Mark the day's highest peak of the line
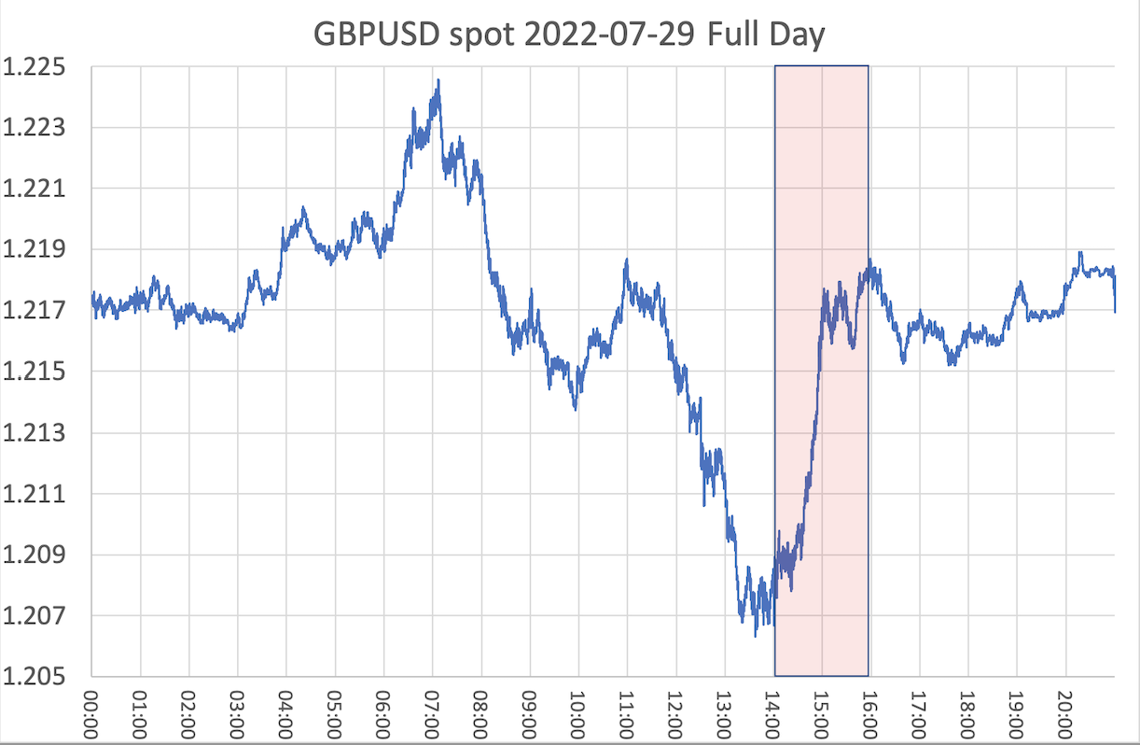[438, 81]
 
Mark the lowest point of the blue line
[755, 636]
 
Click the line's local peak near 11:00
[626, 260]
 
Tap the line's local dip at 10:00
[575, 408]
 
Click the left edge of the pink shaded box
[775, 373]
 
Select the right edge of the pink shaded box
[869, 373]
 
